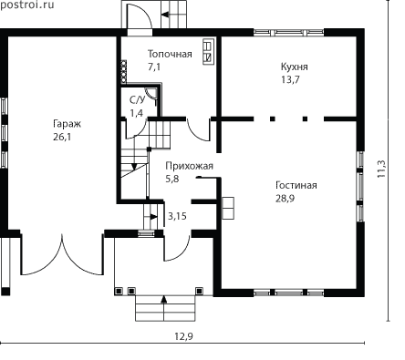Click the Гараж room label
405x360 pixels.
67,124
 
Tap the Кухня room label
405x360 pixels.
294,67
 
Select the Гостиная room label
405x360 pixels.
296,185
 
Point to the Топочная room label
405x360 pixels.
170,54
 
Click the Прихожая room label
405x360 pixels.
189,166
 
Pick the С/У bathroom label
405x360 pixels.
138,99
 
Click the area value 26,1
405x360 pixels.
62,137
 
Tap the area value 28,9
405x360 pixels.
286,199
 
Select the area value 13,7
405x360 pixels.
290,79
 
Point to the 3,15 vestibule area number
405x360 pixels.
177,216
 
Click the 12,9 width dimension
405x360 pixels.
183,336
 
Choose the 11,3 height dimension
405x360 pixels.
381,169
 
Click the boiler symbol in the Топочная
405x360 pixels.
208,51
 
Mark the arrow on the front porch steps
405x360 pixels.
164,300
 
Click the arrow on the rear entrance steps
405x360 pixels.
165,15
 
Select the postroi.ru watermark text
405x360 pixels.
26,5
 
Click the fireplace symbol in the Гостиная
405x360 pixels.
228,208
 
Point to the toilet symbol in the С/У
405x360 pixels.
151,93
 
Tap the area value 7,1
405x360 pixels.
154,67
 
